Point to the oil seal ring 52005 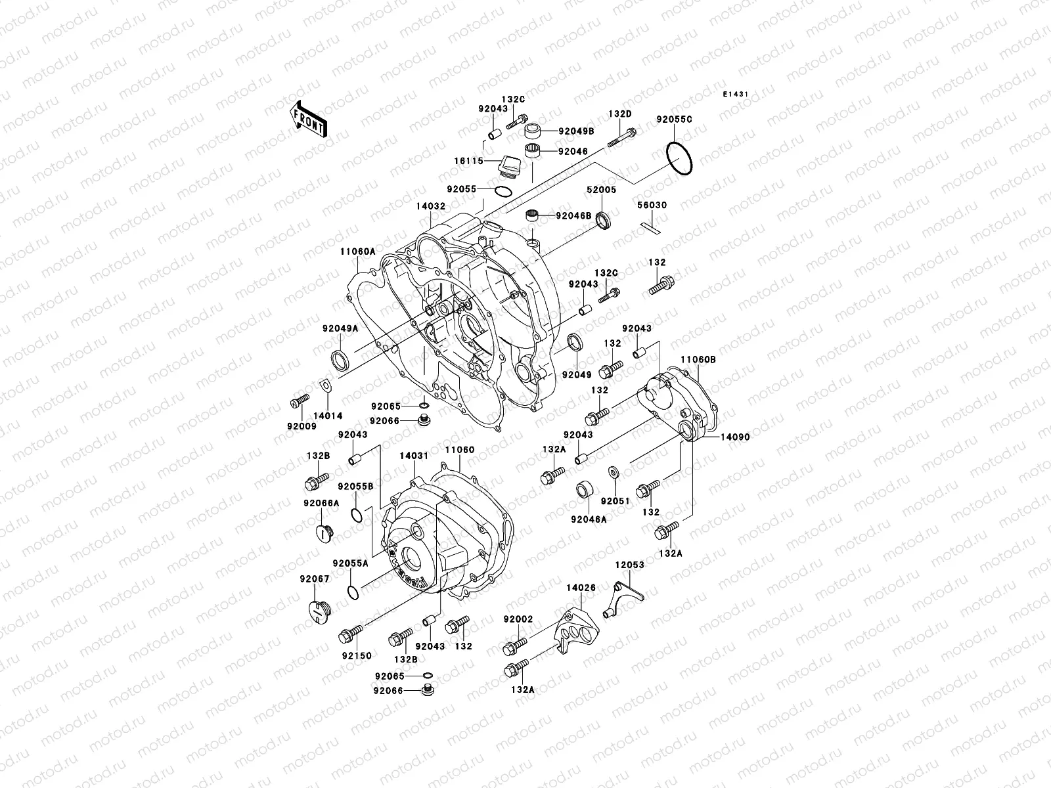click(602, 221)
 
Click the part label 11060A click(357, 252)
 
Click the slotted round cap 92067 click(318, 609)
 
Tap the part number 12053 click(629, 565)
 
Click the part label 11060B click(698, 359)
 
